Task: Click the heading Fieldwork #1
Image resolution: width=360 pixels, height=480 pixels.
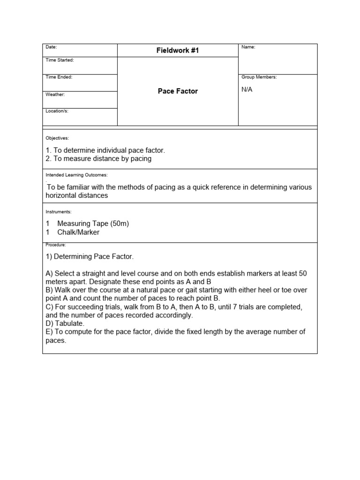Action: click(x=178, y=51)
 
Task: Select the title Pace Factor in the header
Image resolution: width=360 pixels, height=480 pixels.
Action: click(x=178, y=91)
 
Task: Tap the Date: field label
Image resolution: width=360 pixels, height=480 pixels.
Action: click(x=51, y=47)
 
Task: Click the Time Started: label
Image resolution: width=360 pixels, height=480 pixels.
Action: click(x=60, y=60)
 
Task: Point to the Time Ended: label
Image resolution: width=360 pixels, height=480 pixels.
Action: click(x=59, y=77)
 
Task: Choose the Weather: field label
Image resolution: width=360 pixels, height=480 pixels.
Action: click(x=55, y=94)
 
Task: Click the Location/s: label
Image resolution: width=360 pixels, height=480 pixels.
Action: click(x=57, y=111)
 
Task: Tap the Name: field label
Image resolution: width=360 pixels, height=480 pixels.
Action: click(x=248, y=47)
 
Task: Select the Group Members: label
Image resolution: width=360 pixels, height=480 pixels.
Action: click(x=259, y=77)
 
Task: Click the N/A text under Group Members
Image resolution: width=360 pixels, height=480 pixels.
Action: click(x=247, y=90)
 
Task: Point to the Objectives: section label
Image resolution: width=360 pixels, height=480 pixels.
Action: click(x=57, y=138)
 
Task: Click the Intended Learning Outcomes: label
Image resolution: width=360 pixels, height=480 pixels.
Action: click(x=76, y=175)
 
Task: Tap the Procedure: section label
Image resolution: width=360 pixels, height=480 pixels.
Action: click(x=56, y=245)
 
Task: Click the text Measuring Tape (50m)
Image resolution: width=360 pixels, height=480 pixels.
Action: click(x=93, y=224)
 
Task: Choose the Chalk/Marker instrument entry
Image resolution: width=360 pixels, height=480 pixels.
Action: click(x=78, y=232)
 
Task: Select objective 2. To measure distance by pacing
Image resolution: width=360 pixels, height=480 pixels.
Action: click(x=98, y=158)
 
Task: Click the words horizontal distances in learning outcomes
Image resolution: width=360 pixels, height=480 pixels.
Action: click(x=76, y=195)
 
